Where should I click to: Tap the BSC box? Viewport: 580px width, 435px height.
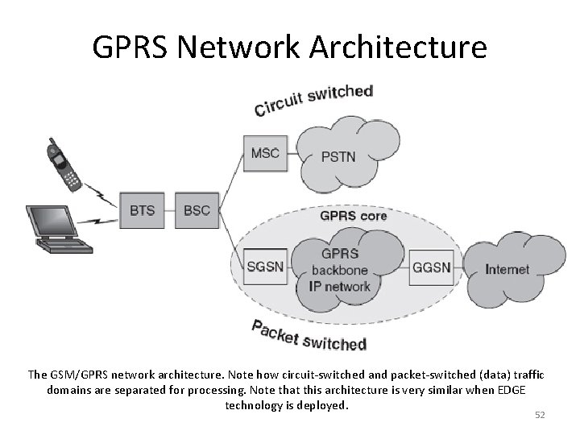197,210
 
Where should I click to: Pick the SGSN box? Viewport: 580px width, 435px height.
264,267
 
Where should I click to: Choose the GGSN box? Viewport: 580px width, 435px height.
435,267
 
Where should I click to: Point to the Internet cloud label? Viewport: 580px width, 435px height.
507,269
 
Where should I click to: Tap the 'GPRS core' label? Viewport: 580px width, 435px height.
354,216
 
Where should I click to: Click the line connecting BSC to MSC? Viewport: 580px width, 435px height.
230,177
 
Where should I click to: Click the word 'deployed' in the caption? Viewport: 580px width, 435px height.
322,405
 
